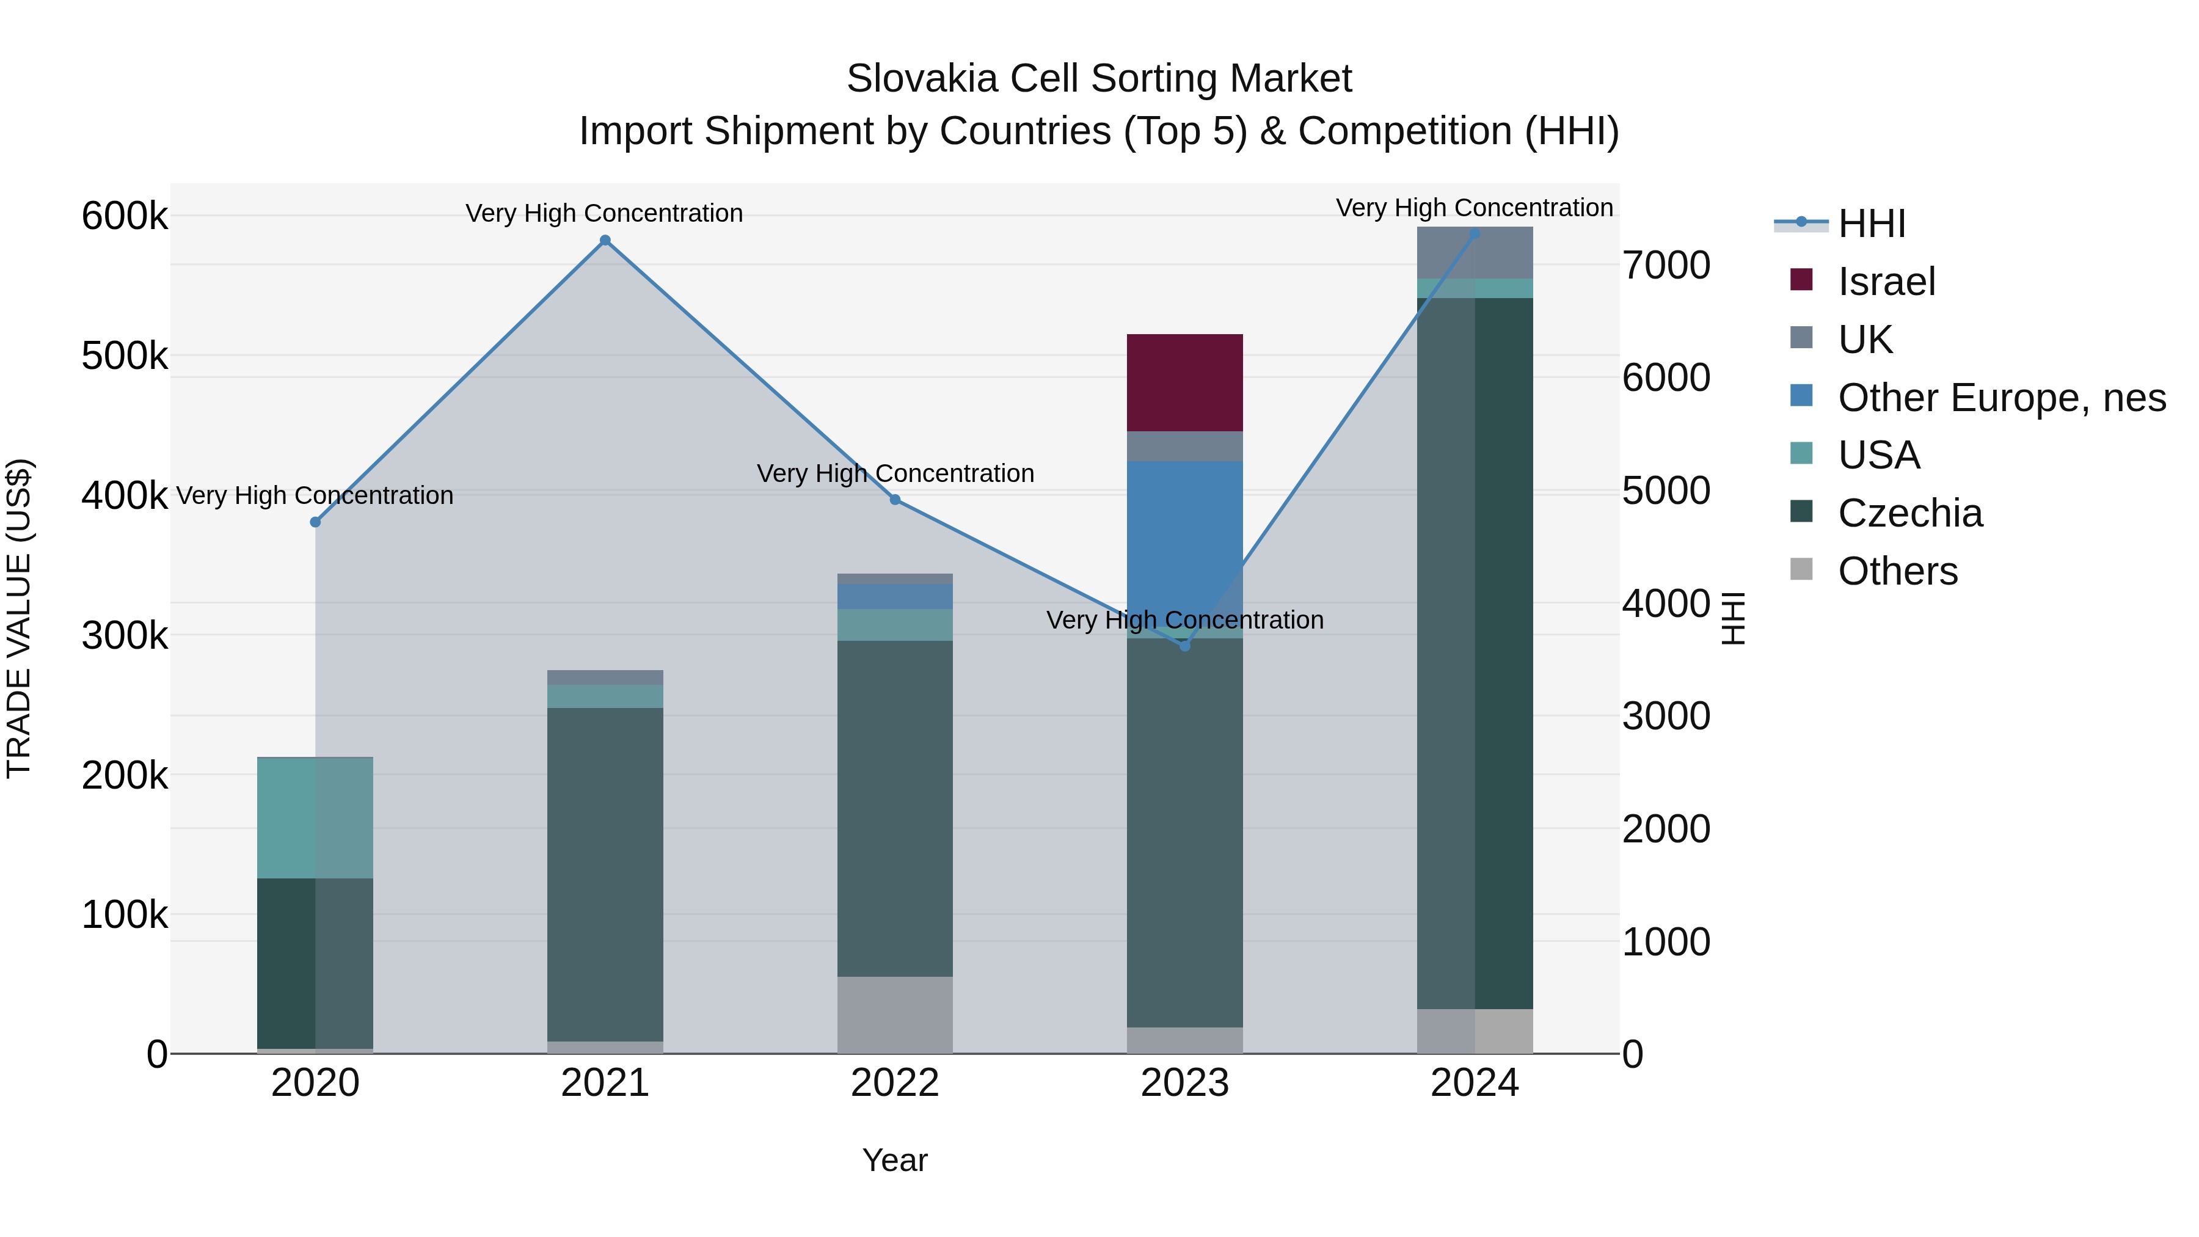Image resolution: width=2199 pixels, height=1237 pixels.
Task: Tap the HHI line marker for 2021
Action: [x=605, y=241]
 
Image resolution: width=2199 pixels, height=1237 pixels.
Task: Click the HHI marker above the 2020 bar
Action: [x=315, y=522]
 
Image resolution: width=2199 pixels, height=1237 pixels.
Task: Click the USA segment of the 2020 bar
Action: [x=315, y=818]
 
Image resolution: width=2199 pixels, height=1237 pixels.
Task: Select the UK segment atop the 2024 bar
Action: [x=1475, y=253]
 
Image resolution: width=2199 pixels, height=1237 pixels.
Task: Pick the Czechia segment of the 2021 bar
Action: [x=605, y=874]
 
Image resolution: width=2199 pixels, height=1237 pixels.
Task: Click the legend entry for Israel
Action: [x=1886, y=282]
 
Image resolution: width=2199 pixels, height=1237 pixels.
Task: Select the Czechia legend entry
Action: [x=1909, y=513]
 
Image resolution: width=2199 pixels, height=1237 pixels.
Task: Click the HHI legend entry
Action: [x=1871, y=224]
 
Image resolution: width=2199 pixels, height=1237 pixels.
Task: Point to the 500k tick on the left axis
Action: [x=125, y=356]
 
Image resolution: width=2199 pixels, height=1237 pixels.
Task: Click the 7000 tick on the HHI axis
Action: [x=1666, y=266]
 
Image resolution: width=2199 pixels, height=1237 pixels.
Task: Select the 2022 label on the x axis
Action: [x=895, y=1083]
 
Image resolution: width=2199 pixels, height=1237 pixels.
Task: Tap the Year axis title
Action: [x=895, y=1160]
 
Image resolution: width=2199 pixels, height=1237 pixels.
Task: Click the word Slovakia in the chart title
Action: [x=921, y=79]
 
